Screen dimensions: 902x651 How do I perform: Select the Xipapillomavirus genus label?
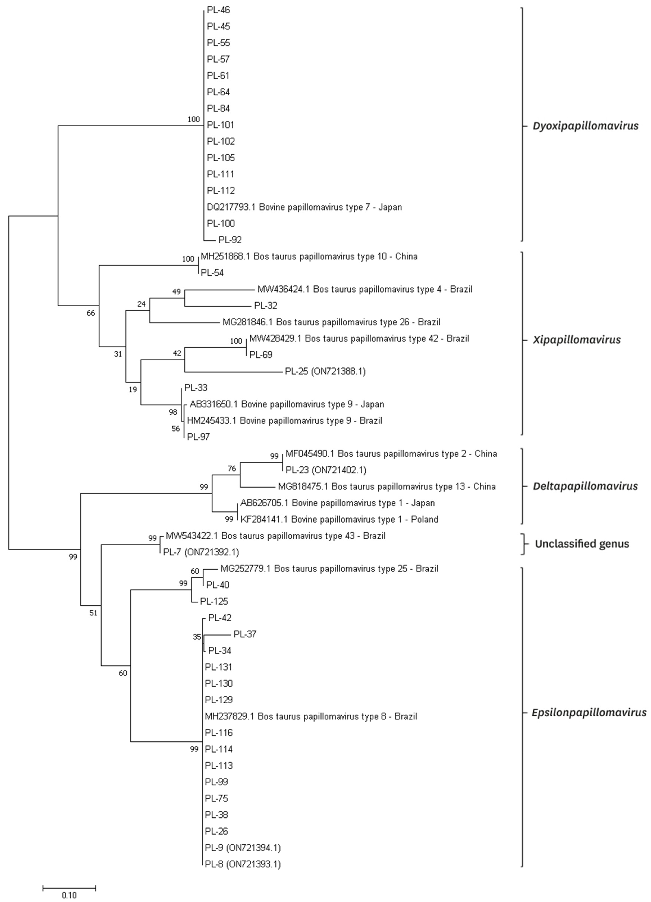pos(577,340)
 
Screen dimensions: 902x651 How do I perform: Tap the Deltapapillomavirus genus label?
pos(585,486)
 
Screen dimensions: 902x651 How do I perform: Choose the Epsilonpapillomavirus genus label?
pos(589,712)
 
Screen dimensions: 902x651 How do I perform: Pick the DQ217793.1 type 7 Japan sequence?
pos(304,207)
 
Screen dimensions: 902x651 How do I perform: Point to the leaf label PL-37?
pos(245,634)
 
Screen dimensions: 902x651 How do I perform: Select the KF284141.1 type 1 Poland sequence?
pos(339,519)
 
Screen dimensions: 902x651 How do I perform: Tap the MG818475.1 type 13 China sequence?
pos(387,486)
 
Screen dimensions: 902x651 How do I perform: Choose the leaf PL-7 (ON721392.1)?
pos(201,552)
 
